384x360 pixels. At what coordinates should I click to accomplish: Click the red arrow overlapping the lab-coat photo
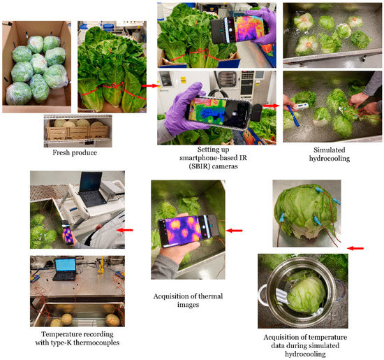(125, 229)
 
